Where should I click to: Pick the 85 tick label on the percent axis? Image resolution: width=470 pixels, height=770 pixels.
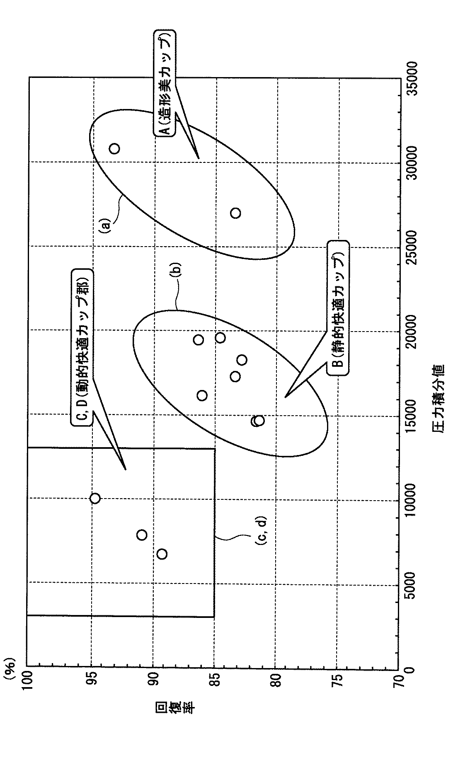215,680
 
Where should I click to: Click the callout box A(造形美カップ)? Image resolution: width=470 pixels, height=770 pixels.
165,83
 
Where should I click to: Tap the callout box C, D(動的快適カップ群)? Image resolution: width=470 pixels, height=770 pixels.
82,348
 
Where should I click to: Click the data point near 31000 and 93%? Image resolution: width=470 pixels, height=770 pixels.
114,148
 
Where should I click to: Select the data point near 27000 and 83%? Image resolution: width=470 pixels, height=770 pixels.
235,213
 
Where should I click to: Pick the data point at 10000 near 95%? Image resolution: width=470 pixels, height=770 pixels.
95,498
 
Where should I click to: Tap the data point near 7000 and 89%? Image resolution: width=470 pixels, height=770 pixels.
162,554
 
